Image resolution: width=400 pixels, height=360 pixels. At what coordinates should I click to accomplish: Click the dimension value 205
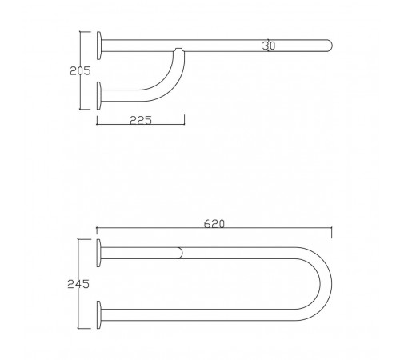pyautogui.click(x=80, y=71)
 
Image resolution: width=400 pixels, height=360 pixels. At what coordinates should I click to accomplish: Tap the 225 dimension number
pyautogui.click(x=141, y=120)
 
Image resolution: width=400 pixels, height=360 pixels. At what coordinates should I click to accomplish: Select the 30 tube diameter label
pyautogui.click(x=269, y=46)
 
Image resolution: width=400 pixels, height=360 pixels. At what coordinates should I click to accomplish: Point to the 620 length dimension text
pyautogui.click(x=214, y=224)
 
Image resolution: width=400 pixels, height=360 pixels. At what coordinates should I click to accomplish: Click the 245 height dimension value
pyautogui.click(x=78, y=284)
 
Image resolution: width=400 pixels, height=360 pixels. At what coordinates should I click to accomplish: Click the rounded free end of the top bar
pyautogui.click(x=330, y=46)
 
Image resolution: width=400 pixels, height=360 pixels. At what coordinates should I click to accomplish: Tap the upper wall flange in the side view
pyautogui.click(x=99, y=46)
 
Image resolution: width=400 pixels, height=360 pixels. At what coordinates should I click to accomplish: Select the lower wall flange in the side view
pyautogui.click(x=99, y=96)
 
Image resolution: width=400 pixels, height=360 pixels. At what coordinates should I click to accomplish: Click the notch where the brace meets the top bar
pyautogui.click(x=178, y=50)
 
